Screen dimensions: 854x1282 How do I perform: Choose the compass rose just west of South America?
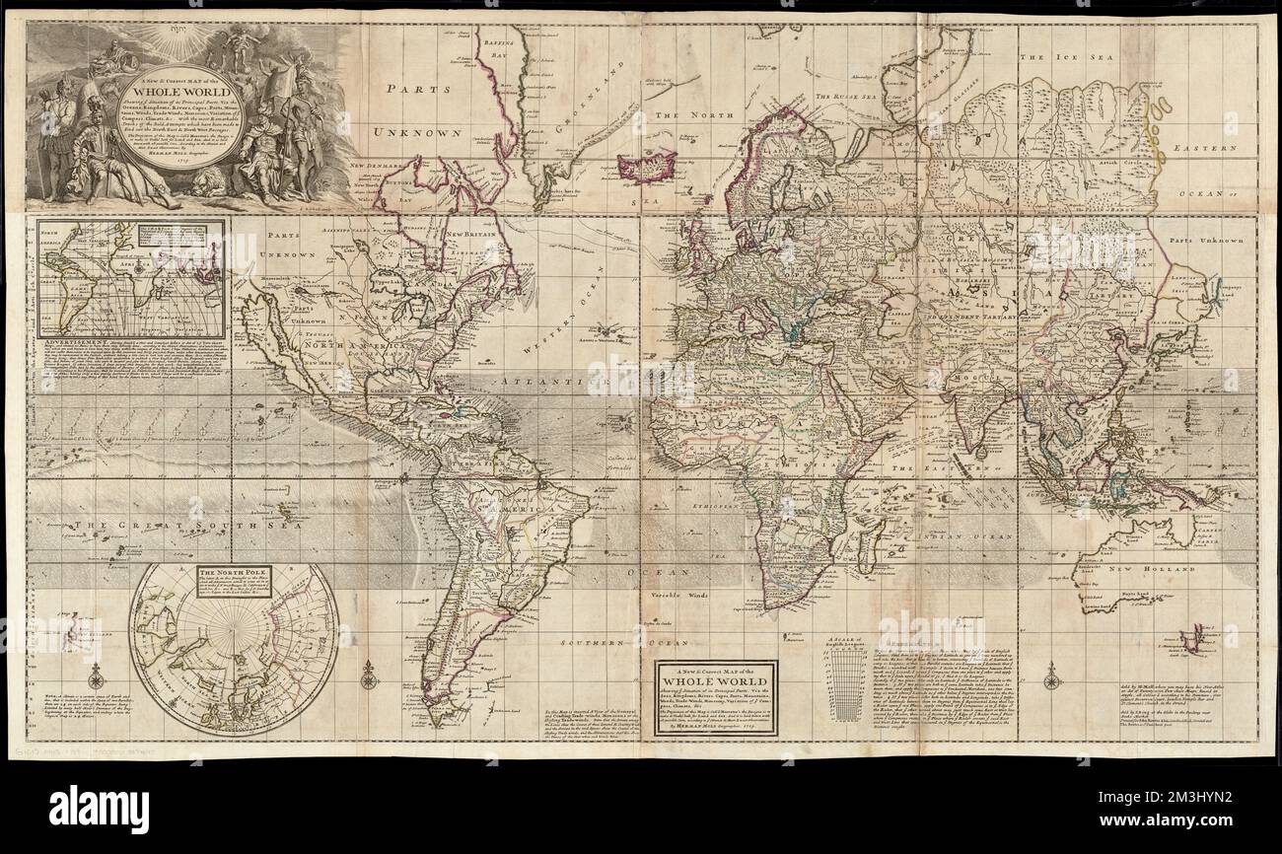369,678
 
